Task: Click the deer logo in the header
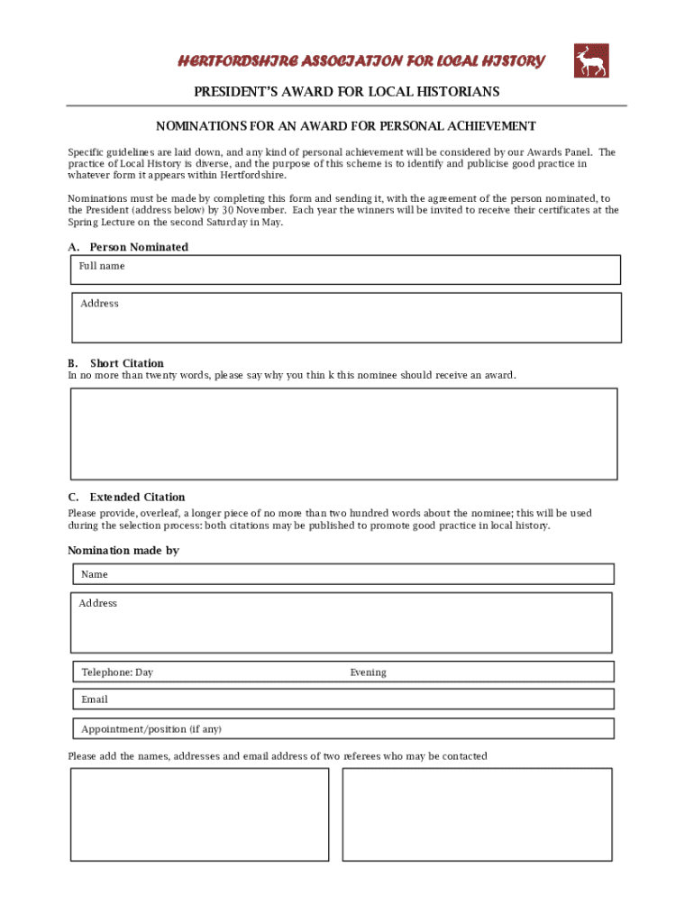[591, 60]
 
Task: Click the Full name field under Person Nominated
[346, 270]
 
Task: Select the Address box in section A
[346, 317]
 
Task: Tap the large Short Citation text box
[344, 434]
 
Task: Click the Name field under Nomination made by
[343, 574]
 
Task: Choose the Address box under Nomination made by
[342, 622]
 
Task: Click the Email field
[343, 699]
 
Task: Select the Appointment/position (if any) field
[343, 728]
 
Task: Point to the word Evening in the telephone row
[368, 672]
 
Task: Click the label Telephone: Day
[117, 672]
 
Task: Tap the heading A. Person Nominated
[128, 247]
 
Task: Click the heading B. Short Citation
[116, 363]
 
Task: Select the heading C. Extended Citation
[127, 497]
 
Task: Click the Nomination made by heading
[123, 550]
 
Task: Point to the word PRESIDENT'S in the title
[236, 92]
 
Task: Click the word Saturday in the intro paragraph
[230, 222]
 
